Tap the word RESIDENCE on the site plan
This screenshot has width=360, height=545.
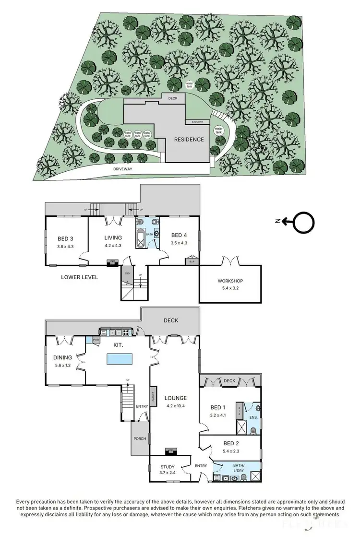189,140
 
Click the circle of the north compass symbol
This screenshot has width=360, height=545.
303,222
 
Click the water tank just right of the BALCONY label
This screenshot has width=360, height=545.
219,130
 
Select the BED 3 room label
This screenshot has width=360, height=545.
65,238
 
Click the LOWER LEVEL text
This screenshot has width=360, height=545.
80,277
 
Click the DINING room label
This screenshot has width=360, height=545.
63,357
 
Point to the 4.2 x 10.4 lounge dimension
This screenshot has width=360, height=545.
175,406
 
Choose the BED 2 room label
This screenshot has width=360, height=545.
231,443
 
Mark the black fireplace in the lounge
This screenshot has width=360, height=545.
171,450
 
